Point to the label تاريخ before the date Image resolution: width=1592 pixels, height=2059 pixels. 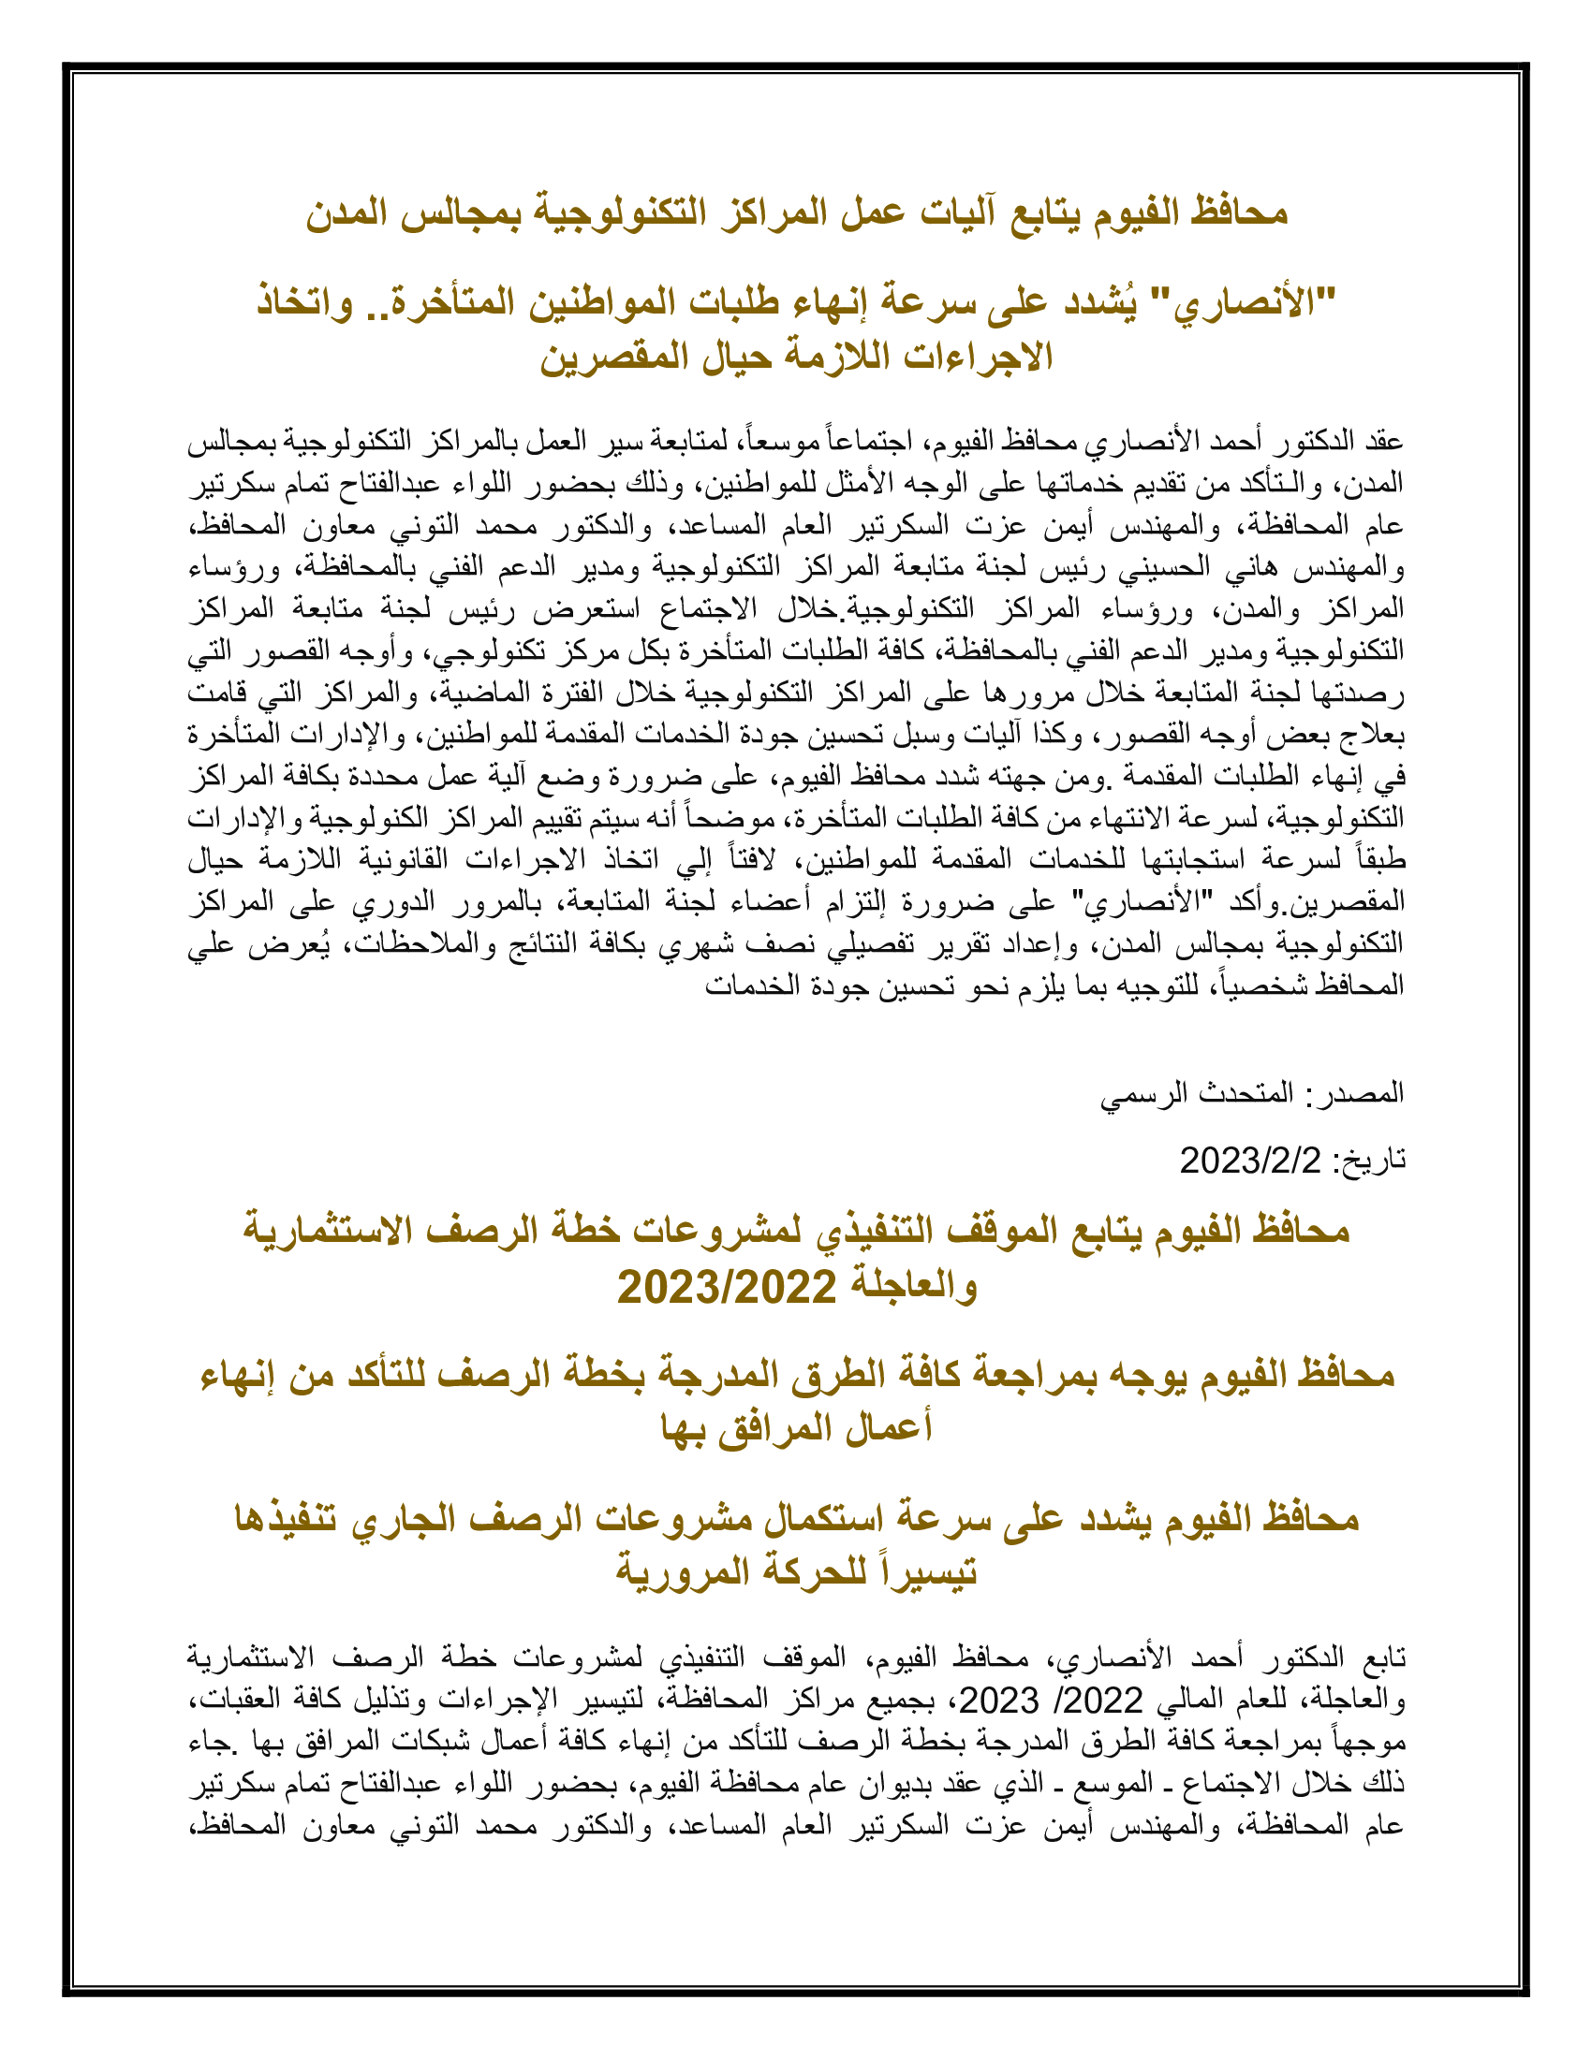pyautogui.click(x=1373, y=1160)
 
